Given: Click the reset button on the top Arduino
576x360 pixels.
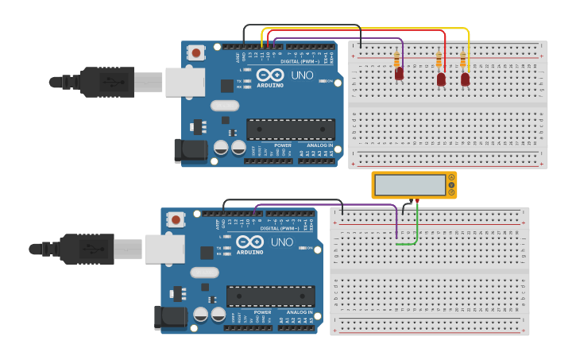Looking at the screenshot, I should click(x=196, y=53).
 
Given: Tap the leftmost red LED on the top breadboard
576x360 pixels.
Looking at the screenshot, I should click(x=400, y=74).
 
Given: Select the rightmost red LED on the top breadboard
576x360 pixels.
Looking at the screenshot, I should click(x=466, y=79).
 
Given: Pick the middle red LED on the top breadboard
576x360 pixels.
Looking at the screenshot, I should click(x=441, y=79).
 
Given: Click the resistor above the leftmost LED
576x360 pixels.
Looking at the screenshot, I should click(x=397, y=59).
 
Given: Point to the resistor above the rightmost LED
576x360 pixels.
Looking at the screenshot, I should click(x=463, y=60).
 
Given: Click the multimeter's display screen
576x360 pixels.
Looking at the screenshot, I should click(x=410, y=185).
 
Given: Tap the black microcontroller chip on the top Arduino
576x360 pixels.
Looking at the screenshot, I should click(x=291, y=130).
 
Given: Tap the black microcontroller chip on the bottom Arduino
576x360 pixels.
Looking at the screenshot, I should click(x=270, y=296).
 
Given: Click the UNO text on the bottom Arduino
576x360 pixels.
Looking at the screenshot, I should click(x=282, y=242).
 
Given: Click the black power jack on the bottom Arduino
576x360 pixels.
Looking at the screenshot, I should click(x=172, y=317).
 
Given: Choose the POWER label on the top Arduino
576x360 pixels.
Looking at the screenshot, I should click(x=283, y=145).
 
